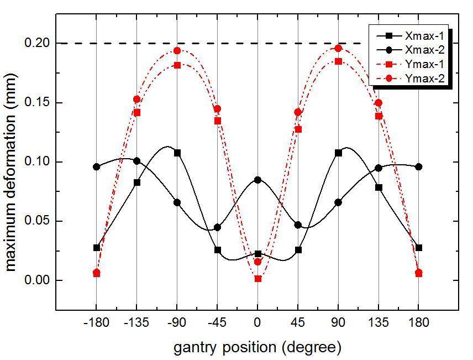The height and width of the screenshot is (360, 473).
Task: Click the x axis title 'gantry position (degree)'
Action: click(x=257, y=347)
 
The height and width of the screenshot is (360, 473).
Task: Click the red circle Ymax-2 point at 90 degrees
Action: click(x=338, y=48)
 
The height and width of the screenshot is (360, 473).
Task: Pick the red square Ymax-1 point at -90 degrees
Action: click(x=177, y=65)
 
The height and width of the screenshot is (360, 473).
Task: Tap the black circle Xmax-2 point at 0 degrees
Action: click(x=258, y=180)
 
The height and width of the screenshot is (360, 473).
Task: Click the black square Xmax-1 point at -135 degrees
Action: click(x=137, y=182)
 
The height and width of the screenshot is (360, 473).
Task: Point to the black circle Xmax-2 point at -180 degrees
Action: click(x=97, y=166)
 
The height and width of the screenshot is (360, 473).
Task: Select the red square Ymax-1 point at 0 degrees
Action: click(x=258, y=279)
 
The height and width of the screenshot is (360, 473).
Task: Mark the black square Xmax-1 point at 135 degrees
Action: click(x=379, y=187)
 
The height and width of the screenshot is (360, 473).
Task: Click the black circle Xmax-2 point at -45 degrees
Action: click(x=218, y=227)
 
